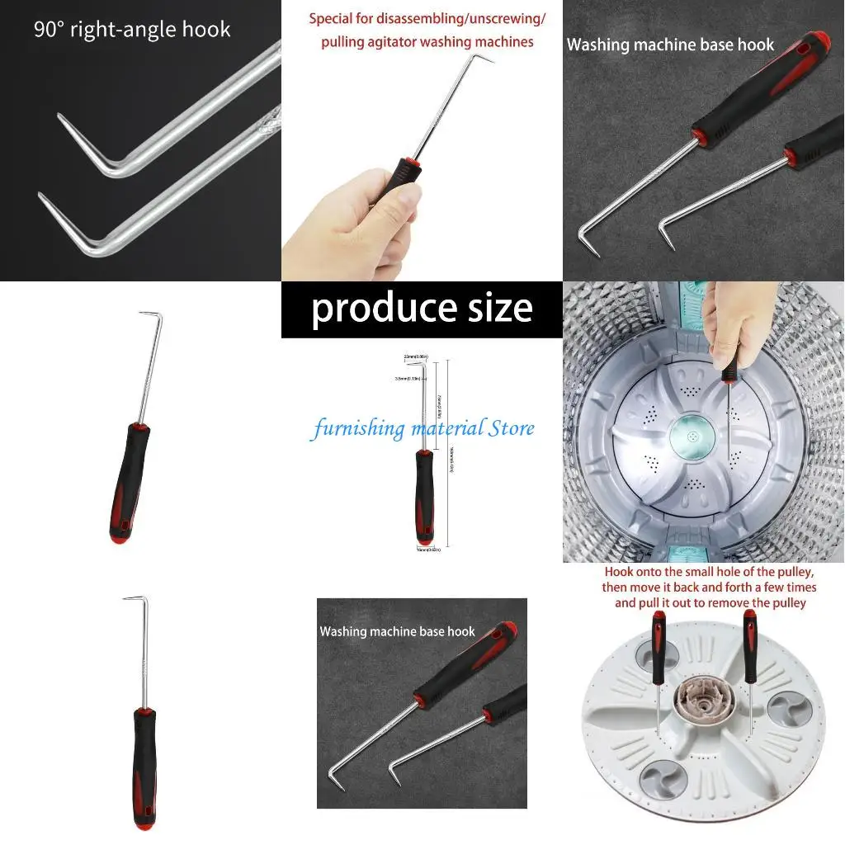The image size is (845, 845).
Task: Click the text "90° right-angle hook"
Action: (x=132, y=30)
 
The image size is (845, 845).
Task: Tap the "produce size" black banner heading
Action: (x=422, y=309)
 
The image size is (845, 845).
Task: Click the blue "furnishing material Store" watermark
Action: (x=422, y=428)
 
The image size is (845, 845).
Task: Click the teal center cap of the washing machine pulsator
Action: (x=692, y=432)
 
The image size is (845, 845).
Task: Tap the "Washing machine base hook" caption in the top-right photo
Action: (x=670, y=45)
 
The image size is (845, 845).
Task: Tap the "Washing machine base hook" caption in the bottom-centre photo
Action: (x=397, y=631)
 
